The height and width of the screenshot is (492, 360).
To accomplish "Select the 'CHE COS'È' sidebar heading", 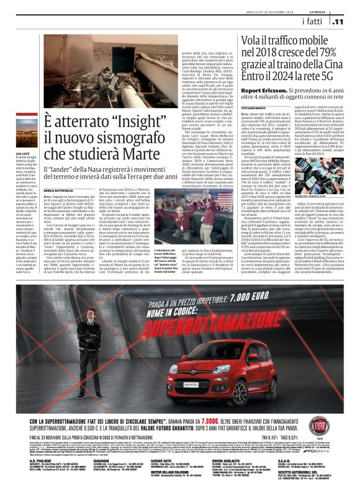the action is (x=24, y=135).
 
